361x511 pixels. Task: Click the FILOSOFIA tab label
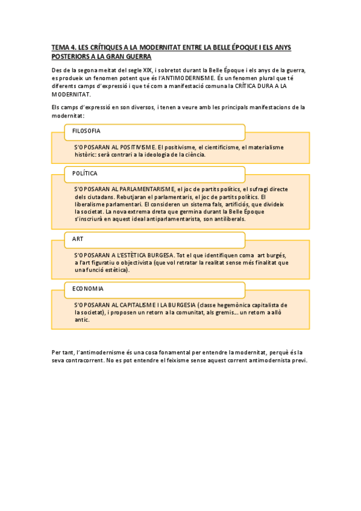point(86,131)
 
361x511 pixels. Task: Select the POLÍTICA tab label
point(85,174)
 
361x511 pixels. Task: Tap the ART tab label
point(78,239)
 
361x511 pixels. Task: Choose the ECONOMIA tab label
point(88,289)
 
